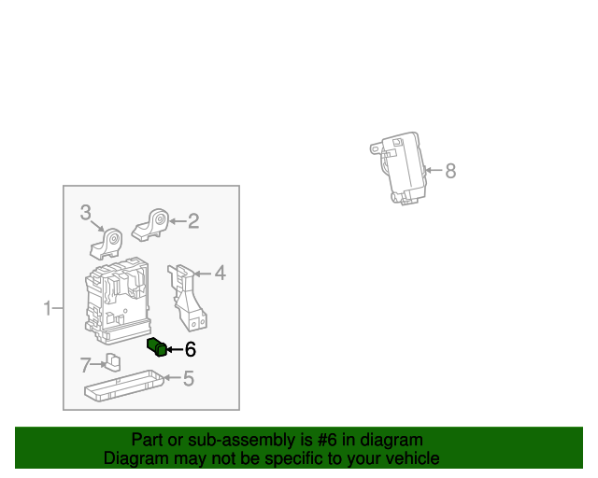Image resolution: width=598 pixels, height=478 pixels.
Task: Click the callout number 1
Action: click(49, 308)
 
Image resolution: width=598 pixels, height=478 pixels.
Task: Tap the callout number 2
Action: click(193, 221)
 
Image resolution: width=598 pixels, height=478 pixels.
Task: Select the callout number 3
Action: click(85, 213)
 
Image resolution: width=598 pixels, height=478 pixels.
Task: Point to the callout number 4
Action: click(220, 274)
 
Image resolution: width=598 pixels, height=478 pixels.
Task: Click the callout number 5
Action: click(188, 378)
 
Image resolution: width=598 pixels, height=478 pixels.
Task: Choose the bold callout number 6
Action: click(191, 350)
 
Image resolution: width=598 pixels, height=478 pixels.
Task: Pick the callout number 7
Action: click(85, 364)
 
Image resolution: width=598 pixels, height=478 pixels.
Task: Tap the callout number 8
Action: click(450, 171)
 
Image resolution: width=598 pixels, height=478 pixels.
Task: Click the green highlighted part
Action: click(157, 348)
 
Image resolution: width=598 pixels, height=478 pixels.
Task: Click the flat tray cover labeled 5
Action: click(125, 385)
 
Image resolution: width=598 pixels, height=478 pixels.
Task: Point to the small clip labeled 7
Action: click(112, 362)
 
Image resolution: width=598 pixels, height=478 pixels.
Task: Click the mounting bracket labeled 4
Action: click(190, 297)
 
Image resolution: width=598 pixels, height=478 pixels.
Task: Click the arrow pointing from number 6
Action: click(175, 350)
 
